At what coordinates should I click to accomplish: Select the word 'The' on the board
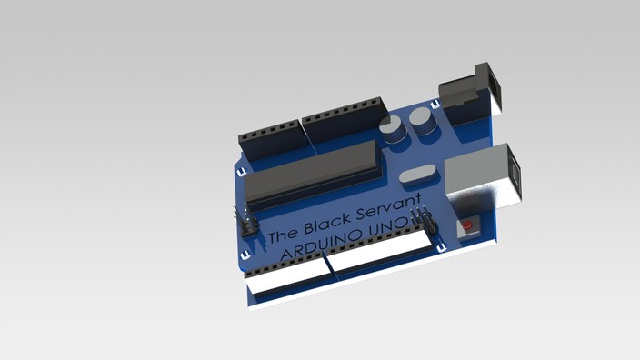click(282, 235)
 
